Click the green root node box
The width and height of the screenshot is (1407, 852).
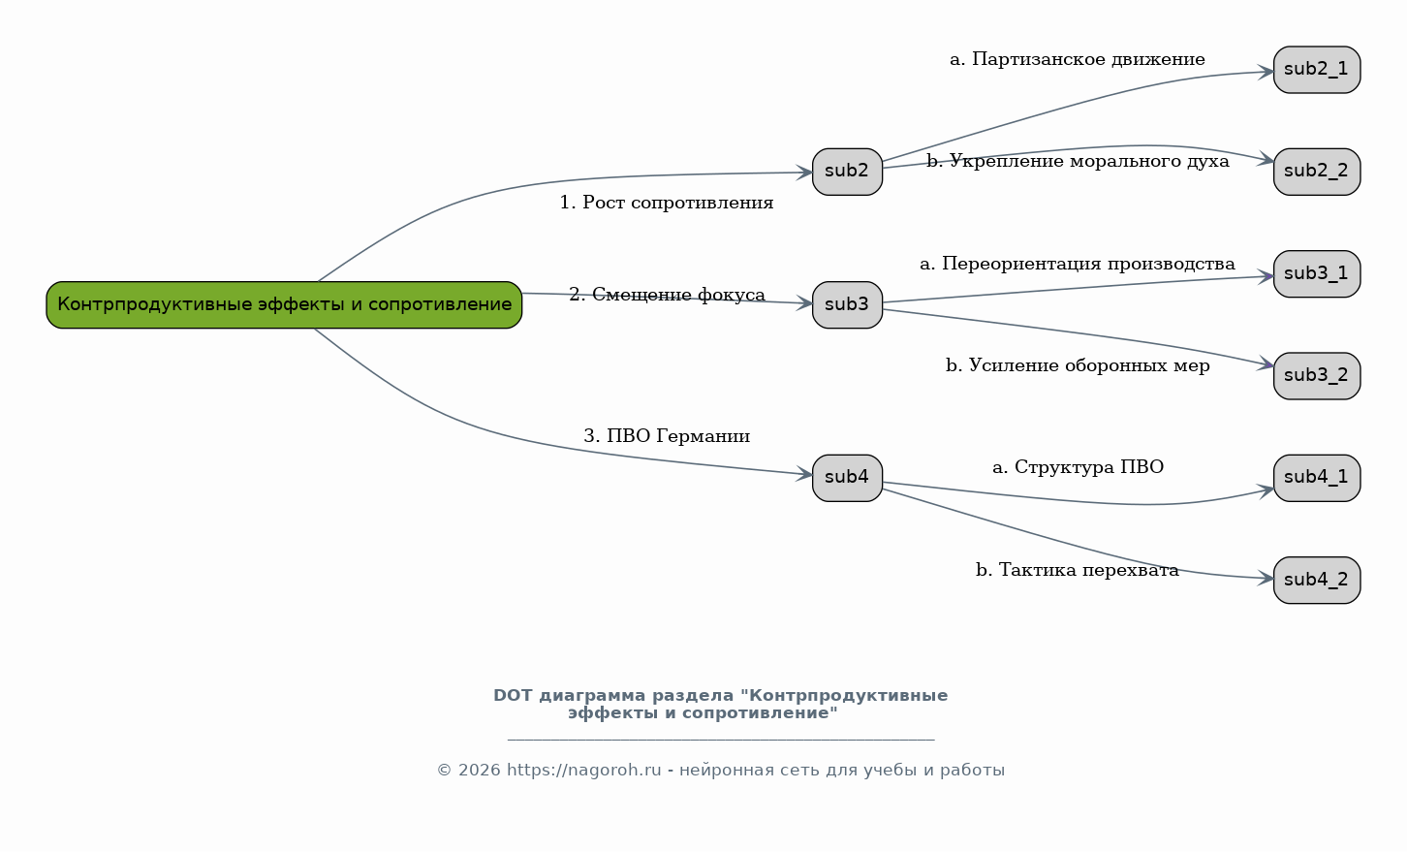pyautogui.click(x=284, y=304)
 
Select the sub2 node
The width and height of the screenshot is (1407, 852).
pyautogui.click(x=847, y=172)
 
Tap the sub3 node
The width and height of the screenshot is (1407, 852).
pyautogui.click(x=847, y=304)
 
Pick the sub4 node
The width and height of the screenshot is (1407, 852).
pyautogui.click(x=847, y=478)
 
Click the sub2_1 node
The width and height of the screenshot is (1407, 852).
pyautogui.click(x=1317, y=70)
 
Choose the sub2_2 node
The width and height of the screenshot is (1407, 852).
pyautogui.click(x=1317, y=172)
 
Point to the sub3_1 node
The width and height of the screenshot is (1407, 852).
pyautogui.click(x=1317, y=274)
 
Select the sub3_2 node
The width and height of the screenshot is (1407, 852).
pyautogui.click(x=1317, y=376)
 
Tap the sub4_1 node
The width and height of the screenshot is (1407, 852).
pyautogui.click(x=1317, y=478)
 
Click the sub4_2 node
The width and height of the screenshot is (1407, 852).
pyautogui.click(x=1317, y=580)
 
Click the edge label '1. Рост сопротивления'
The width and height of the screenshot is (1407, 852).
pyautogui.click(x=667, y=203)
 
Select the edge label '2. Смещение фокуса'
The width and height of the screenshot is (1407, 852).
pyautogui.click(x=667, y=294)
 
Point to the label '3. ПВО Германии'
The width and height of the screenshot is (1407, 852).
pyautogui.click(x=667, y=435)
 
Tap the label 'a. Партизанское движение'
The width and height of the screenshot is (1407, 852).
pyautogui.click(x=1078, y=59)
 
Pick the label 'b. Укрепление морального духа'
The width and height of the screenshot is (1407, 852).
pyautogui.click(x=1078, y=162)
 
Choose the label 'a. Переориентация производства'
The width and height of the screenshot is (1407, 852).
pyautogui.click(x=1078, y=264)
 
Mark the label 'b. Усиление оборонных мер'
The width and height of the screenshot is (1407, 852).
pyautogui.click(x=1078, y=365)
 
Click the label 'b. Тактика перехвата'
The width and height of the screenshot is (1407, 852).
pyautogui.click(x=1078, y=570)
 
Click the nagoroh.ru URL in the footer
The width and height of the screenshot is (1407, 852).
pyautogui.click(x=583, y=771)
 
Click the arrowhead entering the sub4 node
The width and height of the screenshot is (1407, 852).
pyautogui.click(x=804, y=474)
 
